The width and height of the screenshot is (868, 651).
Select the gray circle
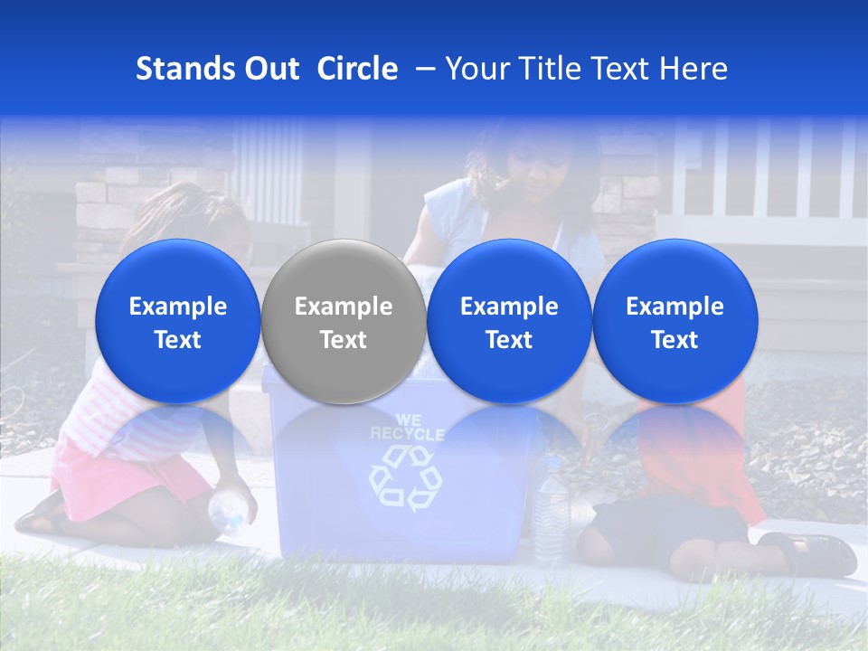pyautogui.click(x=344, y=322)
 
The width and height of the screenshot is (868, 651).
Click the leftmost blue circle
pyautogui.click(x=178, y=322)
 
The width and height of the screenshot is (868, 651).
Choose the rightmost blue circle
pyautogui.click(x=675, y=322)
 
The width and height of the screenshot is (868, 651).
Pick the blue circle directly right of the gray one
pyautogui.click(x=509, y=322)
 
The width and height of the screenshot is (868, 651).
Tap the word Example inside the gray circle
pyautogui.click(x=344, y=307)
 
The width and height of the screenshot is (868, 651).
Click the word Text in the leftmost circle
pyautogui.click(x=178, y=340)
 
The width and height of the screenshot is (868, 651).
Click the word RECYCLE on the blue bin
pyautogui.click(x=407, y=434)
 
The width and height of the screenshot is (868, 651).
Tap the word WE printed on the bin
pyautogui.click(x=407, y=420)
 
